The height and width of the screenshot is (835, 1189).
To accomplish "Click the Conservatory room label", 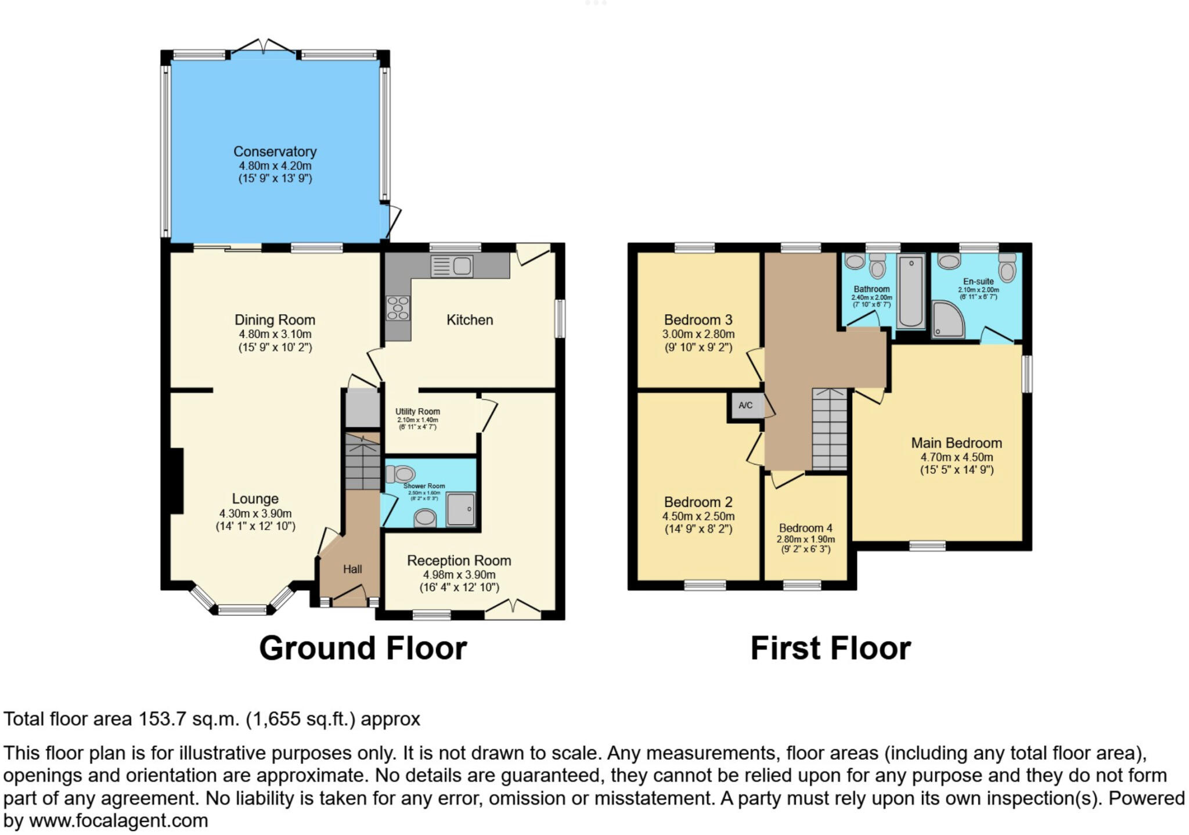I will click(275, 152).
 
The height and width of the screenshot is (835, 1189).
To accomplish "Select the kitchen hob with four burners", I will click(398, 308).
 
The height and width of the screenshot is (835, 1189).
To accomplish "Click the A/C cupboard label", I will click(745, 405).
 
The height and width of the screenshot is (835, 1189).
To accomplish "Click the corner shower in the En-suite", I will click(947, 319).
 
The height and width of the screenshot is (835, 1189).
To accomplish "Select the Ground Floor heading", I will click(363, 648).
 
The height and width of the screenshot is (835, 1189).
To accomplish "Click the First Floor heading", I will click(830, 648).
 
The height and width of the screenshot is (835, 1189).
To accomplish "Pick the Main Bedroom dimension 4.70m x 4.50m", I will click(956, 457).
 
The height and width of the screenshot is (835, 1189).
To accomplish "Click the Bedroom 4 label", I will click(805, 528).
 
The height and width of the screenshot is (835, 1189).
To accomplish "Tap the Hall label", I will click(352, 569).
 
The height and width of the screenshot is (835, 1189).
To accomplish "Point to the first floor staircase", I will click(830, 430).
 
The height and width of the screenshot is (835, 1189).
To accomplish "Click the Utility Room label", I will click(417, 412).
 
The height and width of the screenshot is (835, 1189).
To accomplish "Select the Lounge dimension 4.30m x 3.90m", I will click(255, 513).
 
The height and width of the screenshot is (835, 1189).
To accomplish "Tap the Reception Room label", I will click(459, 560).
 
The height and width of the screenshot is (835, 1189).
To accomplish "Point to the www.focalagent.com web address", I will click(118, 821).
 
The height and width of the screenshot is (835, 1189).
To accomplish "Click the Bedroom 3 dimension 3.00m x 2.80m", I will click(698, 334).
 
